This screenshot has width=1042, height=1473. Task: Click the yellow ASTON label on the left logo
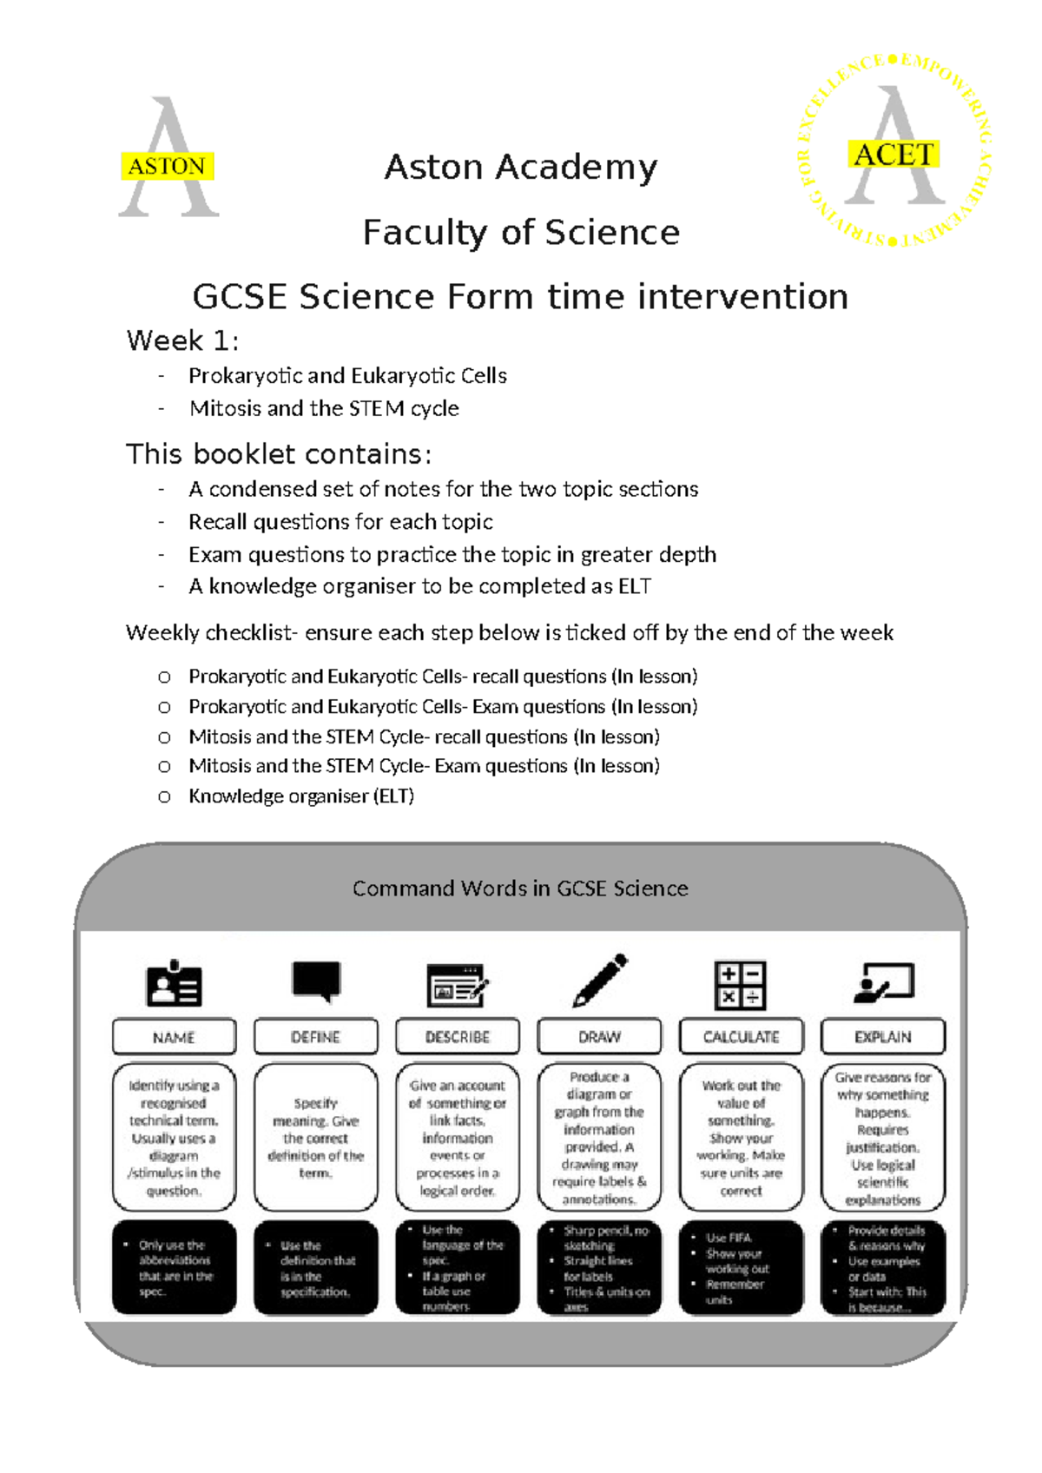tap(167, 166)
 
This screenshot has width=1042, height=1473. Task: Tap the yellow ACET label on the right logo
tap(893, 155)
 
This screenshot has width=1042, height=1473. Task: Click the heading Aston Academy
tap(521, 167)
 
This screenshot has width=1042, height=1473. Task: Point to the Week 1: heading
tap(182, 340)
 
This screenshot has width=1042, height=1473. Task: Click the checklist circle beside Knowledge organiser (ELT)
tap(164, 796)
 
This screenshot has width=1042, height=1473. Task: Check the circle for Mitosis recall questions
tap(164, 737)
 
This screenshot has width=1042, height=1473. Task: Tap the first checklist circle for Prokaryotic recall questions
tap(164, 677)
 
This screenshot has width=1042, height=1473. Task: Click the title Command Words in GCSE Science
tap(520, 888)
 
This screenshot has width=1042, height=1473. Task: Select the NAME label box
tap(174, 1037)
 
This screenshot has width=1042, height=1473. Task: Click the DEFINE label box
tap(315, 1037)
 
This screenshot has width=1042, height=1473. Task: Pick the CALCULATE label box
tap(741, 1037)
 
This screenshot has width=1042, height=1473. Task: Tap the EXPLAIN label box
tap(882, 1037)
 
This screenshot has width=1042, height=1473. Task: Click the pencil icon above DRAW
tap(599, 981)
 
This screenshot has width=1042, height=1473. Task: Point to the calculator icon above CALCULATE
tap(740, 985)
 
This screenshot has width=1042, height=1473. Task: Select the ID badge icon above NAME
tap(174, 985)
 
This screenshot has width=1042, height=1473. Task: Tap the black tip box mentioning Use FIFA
tap(741, 1268)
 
